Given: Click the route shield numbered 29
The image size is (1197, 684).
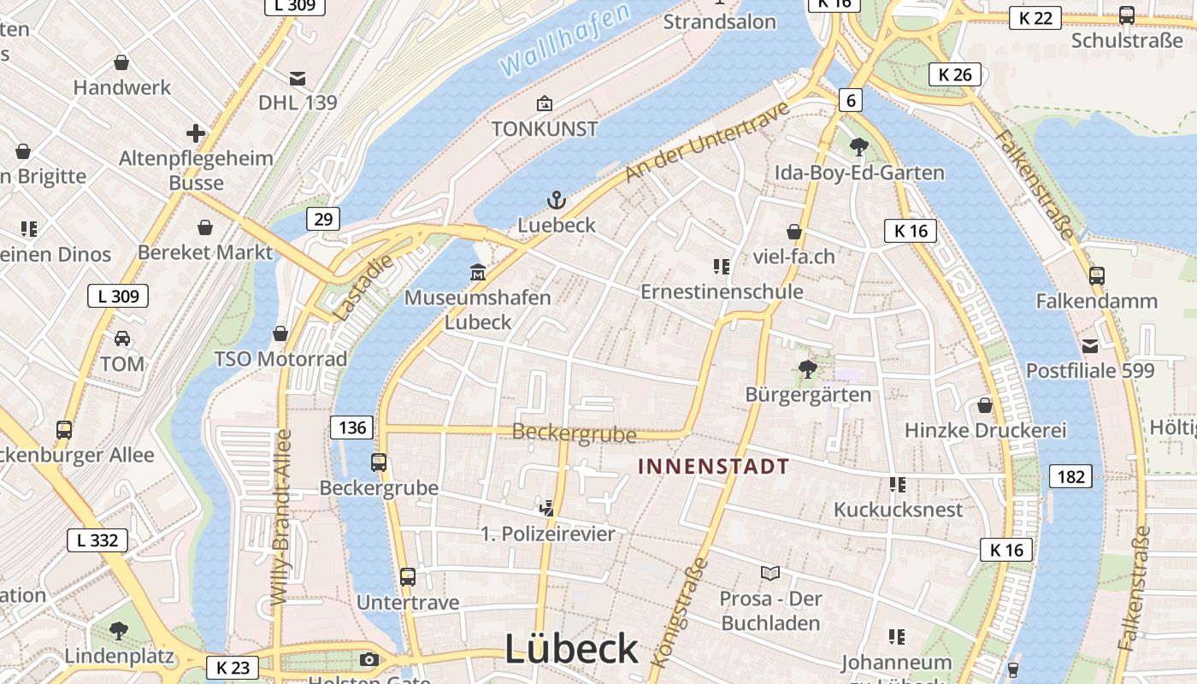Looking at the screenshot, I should pos(323,219).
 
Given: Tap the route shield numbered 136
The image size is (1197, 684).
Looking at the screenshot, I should pos(352,427).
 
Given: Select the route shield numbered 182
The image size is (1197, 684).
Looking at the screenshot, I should pos(1070,476).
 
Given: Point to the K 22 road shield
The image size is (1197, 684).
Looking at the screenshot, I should pos(1035,18).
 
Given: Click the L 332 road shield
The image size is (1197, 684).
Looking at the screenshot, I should pos(97,540).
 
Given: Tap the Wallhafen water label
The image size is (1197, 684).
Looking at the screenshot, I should pos(564,38).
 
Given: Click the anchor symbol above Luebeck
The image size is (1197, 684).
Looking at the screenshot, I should pos(557,201).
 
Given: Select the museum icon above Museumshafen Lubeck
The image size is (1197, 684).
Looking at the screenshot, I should pos(477,273).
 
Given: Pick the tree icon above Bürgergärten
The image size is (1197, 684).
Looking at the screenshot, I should pos(807,369).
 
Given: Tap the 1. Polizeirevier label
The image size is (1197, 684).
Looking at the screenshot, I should pos(548,534).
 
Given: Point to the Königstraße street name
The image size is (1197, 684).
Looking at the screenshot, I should pos(681,611).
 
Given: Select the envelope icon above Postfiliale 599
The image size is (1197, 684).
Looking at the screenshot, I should pos(1090,346).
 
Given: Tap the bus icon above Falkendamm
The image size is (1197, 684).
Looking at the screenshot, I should pos(1097,275).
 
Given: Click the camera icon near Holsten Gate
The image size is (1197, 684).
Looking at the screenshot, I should pos(369,659).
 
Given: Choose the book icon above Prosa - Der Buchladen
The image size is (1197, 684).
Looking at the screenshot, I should pos(770,573).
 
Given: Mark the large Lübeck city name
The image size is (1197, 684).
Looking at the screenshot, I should pos(571,650).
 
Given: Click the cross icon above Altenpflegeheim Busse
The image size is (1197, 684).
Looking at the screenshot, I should pos(196,133).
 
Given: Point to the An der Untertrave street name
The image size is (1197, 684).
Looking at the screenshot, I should pos(706,141).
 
